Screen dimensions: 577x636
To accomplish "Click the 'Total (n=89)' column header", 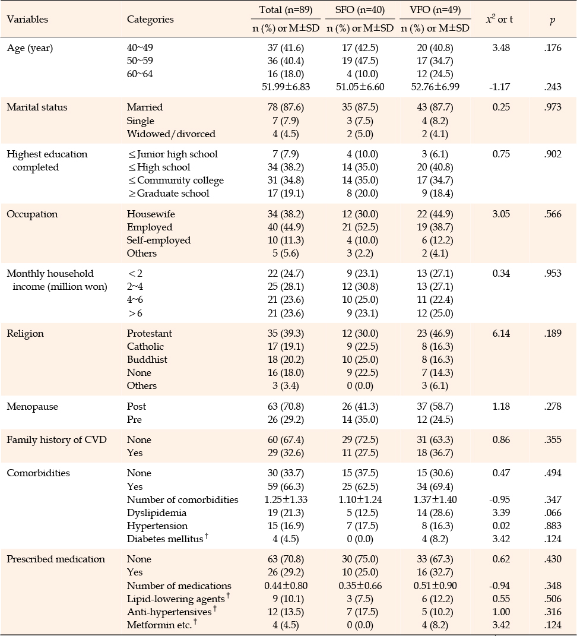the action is pyautogui.click(x=286, y=10).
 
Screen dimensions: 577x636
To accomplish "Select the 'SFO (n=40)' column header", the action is pyautogui.click(x=360, y=10).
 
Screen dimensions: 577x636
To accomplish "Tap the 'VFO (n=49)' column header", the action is pyautogui.click(x=435, y=10).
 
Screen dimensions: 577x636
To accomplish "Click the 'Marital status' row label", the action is pyautogui.click(x=37, y=107).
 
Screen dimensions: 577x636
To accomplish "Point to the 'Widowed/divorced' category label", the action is pyautogui.click(x=171, y=134).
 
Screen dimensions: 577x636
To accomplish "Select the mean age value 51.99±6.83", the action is pyautogui.click(x=286, y=87).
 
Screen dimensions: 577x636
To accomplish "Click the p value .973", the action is pyautogui.click(x=553, y=107).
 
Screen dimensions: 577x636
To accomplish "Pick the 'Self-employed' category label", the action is pyautogui.click(x=158, y=240).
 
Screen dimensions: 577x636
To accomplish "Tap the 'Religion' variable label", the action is pyautogui.click(x=25, y=333).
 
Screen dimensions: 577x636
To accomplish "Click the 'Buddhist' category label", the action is pyautogui.click(x=147, y=359).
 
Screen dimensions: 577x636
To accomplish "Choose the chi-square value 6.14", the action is pyautogui.click(x=501, y=333).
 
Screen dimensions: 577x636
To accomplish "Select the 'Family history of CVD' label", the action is pyautogui.click(x=57, y=439).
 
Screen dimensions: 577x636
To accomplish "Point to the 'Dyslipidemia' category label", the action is pyautogui.click(x=157, y=512).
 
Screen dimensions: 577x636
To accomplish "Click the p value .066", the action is pyautogui.click(x=553, y=512).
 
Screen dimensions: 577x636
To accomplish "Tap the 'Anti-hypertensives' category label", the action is pyautogui.click(x=169, y=612).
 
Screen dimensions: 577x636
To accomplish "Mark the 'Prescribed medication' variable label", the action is pyautogui.click(x=56, y=559).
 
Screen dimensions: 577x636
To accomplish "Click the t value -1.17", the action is pyautogui.click(x=500, y=87).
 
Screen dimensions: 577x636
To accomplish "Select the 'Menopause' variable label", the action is pyautogui.click(x=32, y=406).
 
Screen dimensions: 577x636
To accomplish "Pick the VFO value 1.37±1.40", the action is pyautogui.click(x=435, y=500).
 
